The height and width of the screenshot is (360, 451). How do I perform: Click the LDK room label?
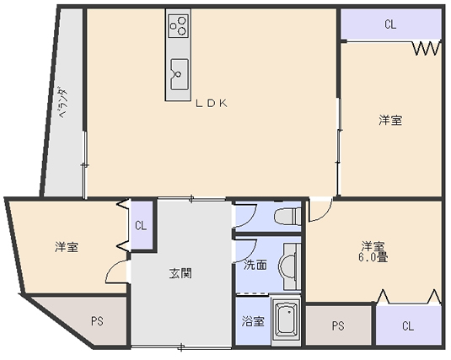[x=212, y=104]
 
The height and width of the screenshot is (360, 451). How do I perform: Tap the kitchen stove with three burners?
[x=179, y=26]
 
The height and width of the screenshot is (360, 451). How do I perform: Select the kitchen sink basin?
[x=180, y=74]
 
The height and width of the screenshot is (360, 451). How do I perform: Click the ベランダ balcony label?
[x=63, y=103]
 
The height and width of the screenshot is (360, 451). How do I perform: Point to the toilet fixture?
[x=287, y=216]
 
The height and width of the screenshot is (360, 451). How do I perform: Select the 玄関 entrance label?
[x=180, y=273]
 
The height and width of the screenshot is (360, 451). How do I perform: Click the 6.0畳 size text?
[x=373, y=257]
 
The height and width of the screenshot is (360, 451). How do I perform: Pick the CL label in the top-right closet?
[x=390, y=24]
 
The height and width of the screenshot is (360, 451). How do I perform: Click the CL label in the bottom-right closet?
[x=408, y=326]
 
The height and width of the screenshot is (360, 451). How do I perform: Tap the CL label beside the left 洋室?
[x=141, y=226]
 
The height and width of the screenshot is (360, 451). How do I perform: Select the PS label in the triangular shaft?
[x=97, y=321]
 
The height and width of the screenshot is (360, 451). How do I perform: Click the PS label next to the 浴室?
[x=338, y=326]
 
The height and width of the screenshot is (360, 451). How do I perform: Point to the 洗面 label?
[x=255, y=265]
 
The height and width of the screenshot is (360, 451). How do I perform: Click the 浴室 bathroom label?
[x=253, y=321]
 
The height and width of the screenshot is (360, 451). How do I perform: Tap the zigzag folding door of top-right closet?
[x=427, y=48]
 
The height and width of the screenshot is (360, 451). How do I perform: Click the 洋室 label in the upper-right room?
[x=390, y=120]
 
